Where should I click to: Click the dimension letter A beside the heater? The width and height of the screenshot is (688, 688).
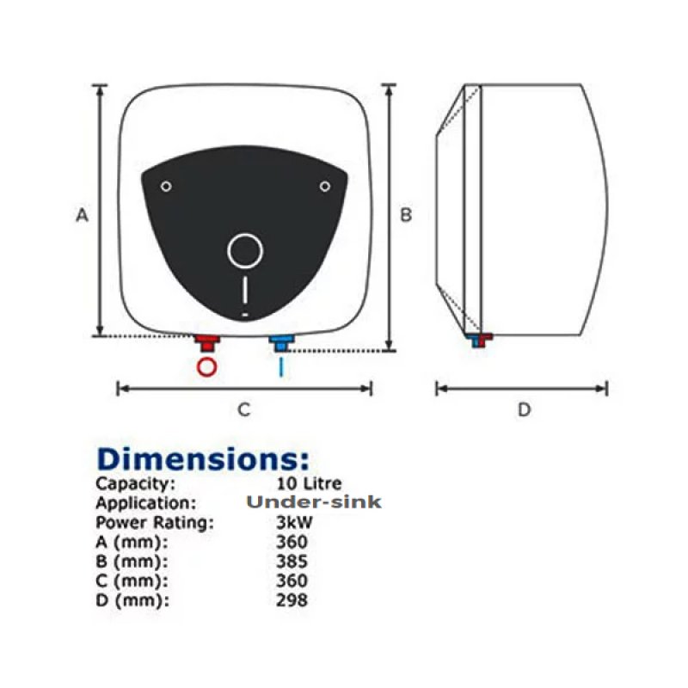pyautogui.click(x=82, y=215)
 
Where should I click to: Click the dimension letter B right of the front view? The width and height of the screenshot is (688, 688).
pyautogui.click(x=406, y=214)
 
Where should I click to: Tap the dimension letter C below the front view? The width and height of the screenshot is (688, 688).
pyautogui.click(x=244, y=409)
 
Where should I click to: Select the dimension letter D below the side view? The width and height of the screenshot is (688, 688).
pyautogui.click(x=525, y=409)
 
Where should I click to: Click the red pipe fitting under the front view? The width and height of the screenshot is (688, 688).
pyautogui.click(x=207, y=343)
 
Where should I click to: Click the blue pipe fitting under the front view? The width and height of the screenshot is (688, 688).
pyautogui.click(x=281, y=343)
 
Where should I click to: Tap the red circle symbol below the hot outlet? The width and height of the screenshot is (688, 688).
pyautogui.click(x=206, y=367)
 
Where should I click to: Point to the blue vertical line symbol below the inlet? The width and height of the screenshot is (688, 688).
pyautogui.click(x=281, y=367)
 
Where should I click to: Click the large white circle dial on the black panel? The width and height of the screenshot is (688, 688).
pyautogui.click(x=245, y=234)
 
